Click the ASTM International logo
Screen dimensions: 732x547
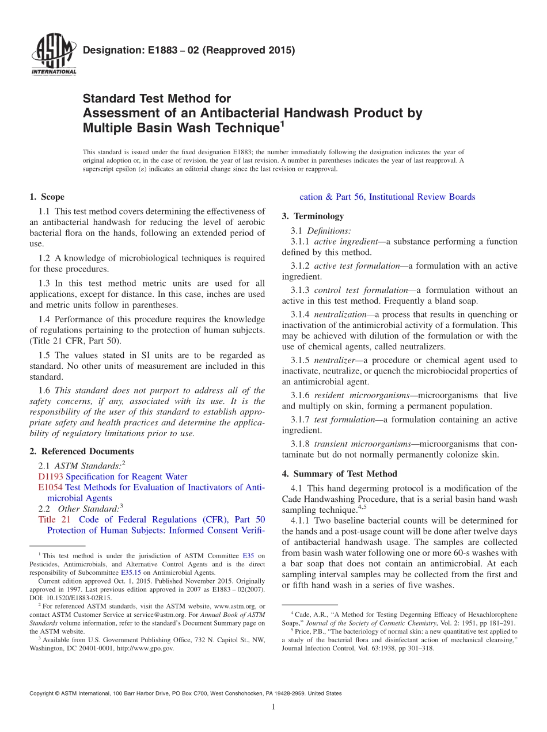pos(53,55)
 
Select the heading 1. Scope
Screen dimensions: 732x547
pos(47,197)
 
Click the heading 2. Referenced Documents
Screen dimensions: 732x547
pos(81,451)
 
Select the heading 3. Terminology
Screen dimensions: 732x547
pos(313,216)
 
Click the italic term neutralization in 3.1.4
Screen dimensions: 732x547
pos(340,315)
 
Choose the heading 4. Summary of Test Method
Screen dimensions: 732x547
pos(340,474)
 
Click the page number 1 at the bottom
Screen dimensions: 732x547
pos(273,707)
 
